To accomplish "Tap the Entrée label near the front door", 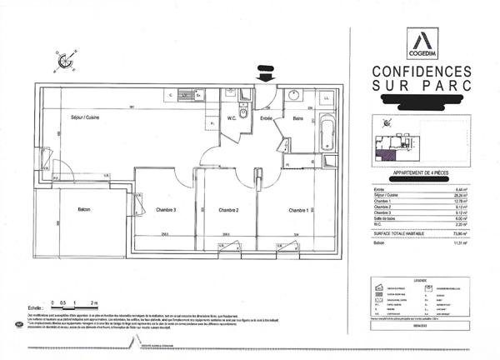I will point(267,119).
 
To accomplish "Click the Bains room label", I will point(297,119).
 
